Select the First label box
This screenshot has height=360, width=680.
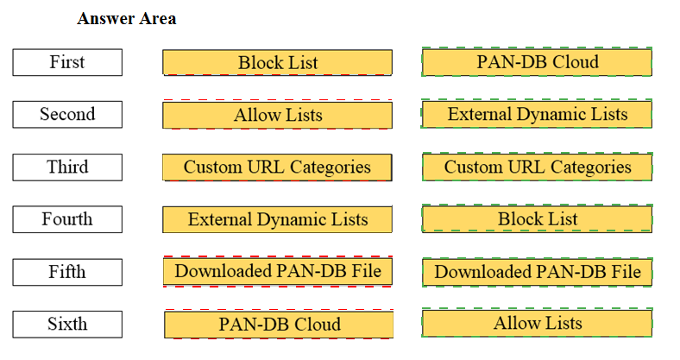pos(67,62)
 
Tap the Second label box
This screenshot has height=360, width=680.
pos(67,115)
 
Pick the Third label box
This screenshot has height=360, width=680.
pos(67,167)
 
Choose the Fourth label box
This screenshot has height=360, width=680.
pos(67,219)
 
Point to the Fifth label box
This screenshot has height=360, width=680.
pos(67,272)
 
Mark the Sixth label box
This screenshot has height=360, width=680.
pos(67,324)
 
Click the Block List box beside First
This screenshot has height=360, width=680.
pos(278,62)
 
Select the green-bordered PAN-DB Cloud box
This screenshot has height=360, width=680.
pos(537,62)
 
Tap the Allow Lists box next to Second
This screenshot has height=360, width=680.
pos(278,115)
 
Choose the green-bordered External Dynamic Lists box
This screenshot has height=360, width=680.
pos(537,114)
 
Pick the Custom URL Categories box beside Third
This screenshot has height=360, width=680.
pos(278,167)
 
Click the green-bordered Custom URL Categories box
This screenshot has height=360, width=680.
pos(538,167)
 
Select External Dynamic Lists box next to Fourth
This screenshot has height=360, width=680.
pos(278,219)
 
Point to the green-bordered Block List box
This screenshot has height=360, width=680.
pos(537,219)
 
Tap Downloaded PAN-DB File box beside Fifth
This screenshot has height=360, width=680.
pos(278,272)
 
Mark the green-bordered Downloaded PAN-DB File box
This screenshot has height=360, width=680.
pos(538,272)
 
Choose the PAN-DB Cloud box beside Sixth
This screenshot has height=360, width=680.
pos(279,325)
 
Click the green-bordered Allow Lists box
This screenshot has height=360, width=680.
pos(537,323)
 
